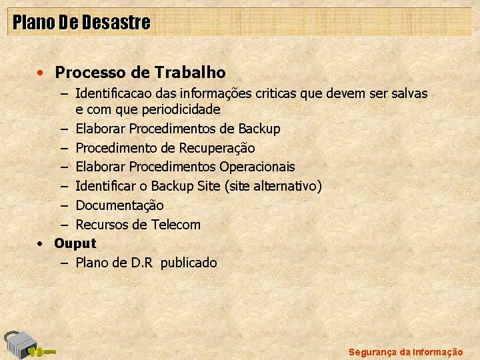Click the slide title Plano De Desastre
(81, 23)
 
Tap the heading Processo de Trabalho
(140, 73)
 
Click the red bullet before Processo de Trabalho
(40, 73)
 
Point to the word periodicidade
(181, 109)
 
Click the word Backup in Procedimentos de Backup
(259, 129)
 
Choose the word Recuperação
(217, 148)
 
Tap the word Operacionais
(257, 167)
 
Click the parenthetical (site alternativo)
(273, 186)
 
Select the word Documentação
(119, 205)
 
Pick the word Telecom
(176, 225)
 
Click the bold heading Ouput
(75, 244)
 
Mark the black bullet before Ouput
(40, 244)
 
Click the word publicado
(189, 263)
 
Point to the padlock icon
(19, 345)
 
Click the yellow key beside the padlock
(42, 352)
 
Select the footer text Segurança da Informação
(405, 352)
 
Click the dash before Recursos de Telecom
(64, 225)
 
